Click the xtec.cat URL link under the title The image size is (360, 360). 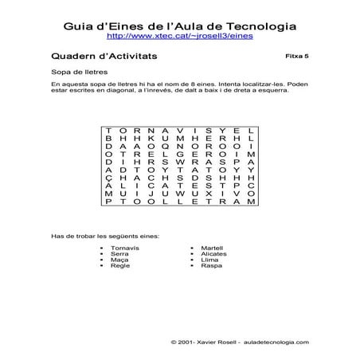tap(179, 37)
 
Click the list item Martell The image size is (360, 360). tap(213, 248)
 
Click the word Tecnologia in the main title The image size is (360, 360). tap(256, 25)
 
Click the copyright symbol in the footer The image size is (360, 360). tap(174, 341)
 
